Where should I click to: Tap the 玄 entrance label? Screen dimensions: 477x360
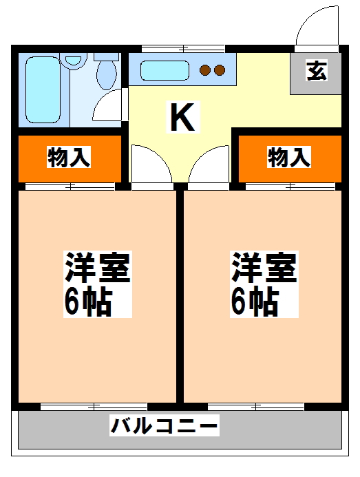click(x=316, y=72)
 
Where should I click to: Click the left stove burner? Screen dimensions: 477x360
click(x=204, y=70)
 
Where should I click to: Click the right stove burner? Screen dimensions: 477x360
click(x=220, y=70)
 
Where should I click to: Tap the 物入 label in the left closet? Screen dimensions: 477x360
click(x=69, y=158)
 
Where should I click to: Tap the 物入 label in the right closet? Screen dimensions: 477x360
click(x=289, y=158)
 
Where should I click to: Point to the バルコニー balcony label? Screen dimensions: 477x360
click(x=165, y=426)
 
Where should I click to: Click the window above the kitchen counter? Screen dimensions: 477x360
click(x=183, y=48)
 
